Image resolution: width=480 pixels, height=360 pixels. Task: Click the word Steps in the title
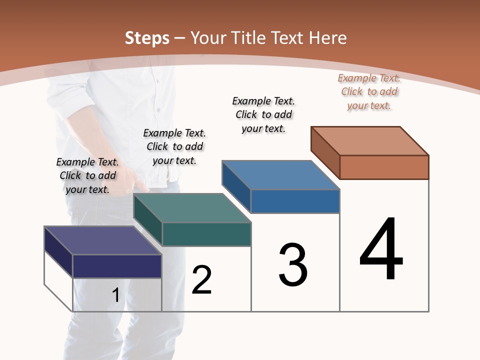[147, 38]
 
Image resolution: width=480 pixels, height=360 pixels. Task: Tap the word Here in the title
[328, 38]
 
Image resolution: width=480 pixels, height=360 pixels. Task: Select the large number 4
[381, 250]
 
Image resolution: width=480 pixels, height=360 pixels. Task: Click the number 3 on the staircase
[293, 265]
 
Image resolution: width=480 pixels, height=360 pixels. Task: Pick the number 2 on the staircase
[201, 280]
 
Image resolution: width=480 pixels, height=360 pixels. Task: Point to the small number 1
[115, 295]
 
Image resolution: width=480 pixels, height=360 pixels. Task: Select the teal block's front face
[206, 234]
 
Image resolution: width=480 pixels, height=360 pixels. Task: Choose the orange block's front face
[384, 167]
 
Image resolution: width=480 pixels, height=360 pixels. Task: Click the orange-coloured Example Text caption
[369, 92]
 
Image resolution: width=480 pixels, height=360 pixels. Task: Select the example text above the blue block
[263, 114]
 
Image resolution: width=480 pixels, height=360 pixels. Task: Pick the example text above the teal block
[174, 146]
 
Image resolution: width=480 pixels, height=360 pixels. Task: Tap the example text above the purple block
[87, 175]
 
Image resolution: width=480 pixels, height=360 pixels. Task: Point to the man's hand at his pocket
[134, 180]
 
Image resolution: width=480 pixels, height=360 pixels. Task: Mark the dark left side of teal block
[147, 220]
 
